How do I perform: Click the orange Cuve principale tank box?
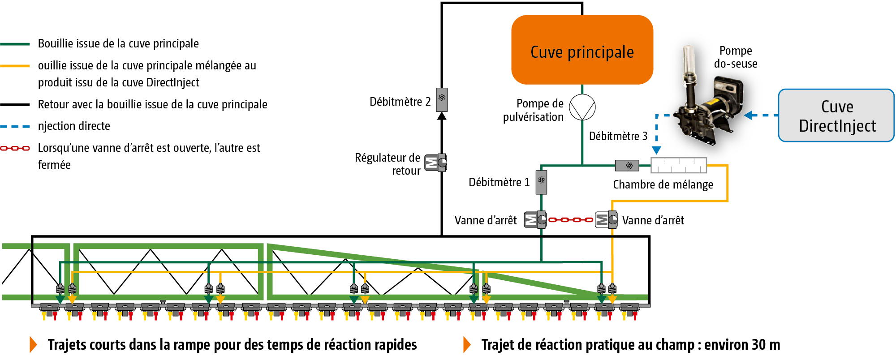(582, 50)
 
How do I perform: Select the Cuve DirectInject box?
(836, 116)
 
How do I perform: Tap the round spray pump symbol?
(582, 107)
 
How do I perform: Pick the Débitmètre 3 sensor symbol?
(627, 166)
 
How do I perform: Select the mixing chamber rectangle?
(678, 165)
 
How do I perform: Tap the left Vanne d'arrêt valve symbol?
(535, 219)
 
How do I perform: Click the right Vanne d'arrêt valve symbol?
(606, 219)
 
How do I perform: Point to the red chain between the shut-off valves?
(571, 220)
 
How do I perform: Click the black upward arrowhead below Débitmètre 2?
(442, 116)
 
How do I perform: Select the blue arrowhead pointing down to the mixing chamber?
(656, 150)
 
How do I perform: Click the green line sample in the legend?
(15, 44)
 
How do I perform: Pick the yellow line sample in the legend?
(15, 66)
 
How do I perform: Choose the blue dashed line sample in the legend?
(15, 127)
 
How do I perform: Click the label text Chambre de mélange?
(663, 184)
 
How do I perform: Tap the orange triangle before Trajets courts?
(33, 344)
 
